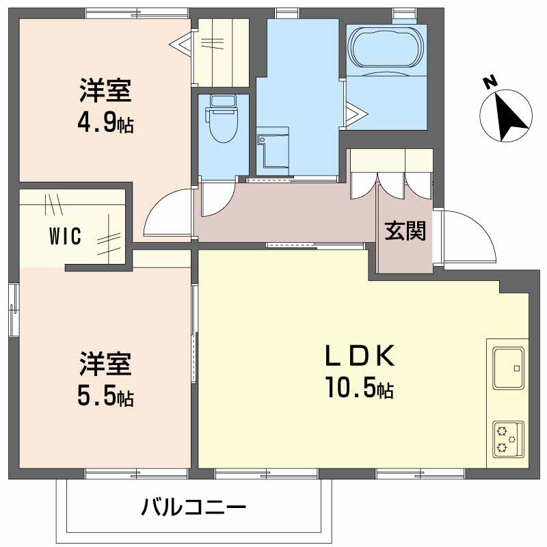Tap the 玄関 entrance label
(x=404, y=232)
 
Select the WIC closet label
(x=66, y=237)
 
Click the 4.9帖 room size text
(x=105, y=124)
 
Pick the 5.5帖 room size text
(x=105, y=397)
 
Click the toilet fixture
(x=222, y=120)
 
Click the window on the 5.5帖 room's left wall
(x=14, y=309)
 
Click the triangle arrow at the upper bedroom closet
(x=182, y=45)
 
